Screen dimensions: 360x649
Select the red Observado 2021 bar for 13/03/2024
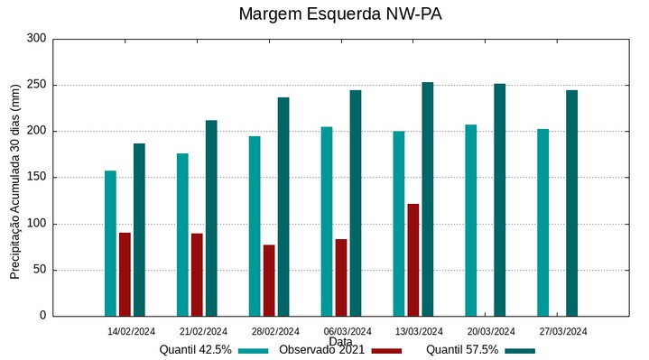413,260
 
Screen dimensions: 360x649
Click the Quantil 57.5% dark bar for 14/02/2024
139,229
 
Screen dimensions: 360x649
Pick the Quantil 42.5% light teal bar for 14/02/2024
110,243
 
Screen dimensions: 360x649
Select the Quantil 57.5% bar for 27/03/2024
571,203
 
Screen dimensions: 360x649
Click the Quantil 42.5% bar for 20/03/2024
470,220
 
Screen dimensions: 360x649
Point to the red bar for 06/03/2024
341,277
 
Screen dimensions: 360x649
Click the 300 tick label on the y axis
36,39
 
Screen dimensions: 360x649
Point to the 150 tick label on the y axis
36,178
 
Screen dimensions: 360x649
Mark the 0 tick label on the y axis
42,316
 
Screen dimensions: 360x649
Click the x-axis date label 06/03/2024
348,331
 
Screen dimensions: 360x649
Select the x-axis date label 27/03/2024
563,331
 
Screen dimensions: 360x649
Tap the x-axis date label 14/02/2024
132,331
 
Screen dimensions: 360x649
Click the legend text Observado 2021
321,350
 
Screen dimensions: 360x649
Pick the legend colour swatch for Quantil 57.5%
519,350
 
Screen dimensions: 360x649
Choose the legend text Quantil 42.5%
196,350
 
